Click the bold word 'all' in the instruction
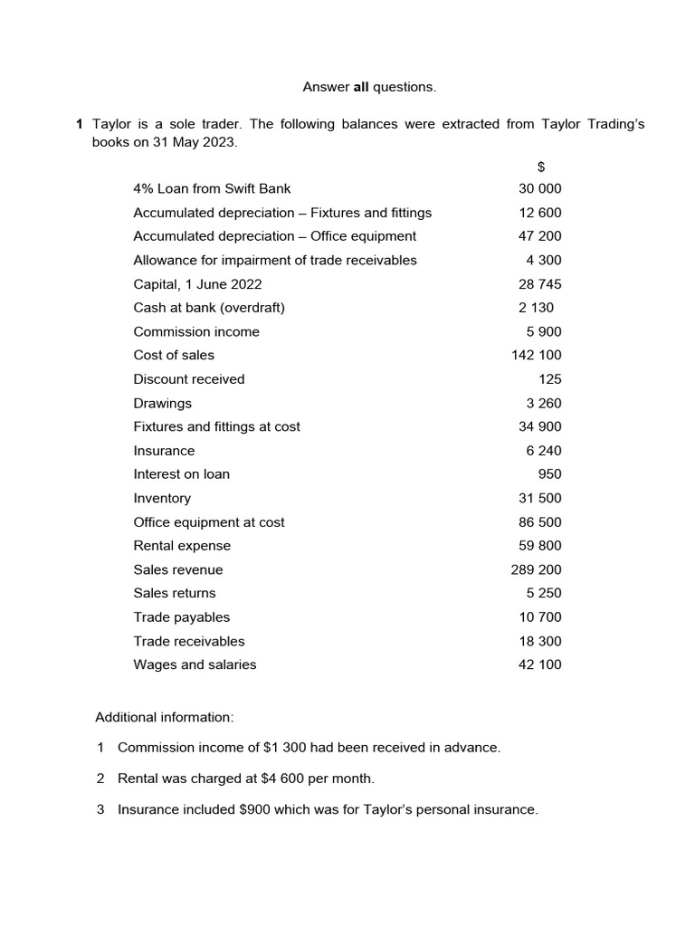coord(361,87)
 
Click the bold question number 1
coord(80,124)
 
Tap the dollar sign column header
coord(540,166)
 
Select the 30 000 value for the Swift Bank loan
coord(539,188)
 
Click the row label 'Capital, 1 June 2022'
coord(197,283)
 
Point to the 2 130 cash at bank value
coord(536,307)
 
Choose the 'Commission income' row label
coord(196,331)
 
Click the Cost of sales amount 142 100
coord(537,355)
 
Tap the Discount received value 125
coord(549,378)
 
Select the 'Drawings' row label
coord(163,403)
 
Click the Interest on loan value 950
coord(549,473)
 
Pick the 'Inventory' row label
coord(162,498)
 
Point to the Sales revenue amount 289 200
coord(537,569)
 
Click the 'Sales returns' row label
coord(175,593)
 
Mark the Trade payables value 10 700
coord(539,616)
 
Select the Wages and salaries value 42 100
coord(539,664)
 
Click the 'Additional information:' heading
coord(165,717)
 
